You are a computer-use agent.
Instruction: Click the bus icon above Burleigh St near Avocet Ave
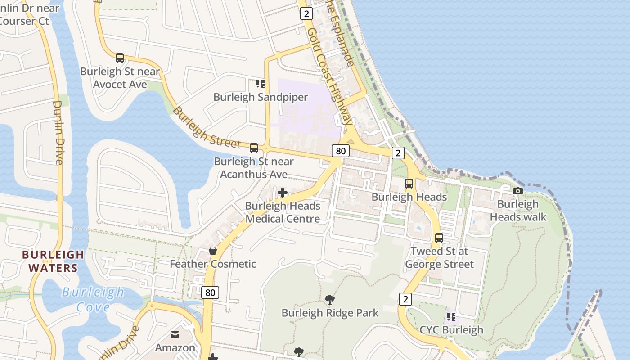(x=120, y=58)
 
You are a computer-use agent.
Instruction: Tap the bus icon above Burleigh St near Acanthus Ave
(x=254, y=148)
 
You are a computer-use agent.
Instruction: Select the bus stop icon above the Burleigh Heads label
(x=409, y=184)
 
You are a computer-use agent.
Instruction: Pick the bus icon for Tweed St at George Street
(x=439, y=238)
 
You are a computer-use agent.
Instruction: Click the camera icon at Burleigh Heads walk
(x=518, y=191)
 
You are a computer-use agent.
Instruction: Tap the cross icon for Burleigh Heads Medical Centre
(x=283, y=193)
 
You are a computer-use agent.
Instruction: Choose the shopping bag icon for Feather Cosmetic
(x=213, y=251)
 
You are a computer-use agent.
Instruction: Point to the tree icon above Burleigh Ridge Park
(x=330, y=300)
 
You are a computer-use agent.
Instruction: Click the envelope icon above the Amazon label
(x=175, y=335)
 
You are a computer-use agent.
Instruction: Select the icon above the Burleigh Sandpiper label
(x=261, y=84)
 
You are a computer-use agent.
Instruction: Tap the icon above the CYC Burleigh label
(x=451, y=317)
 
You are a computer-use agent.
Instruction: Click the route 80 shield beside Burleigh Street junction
(x=341, y=151)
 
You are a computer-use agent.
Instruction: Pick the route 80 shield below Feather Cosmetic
(x=210, y=292)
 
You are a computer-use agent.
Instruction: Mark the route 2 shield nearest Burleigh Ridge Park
(x=405, y=299)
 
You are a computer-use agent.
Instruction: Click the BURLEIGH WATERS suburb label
(x=54, y=261)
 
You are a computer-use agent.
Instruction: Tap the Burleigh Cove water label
(x=93, y=299)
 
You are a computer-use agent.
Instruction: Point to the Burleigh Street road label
(x=207, y=128)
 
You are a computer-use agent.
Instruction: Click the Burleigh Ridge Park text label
(x=330, y=313)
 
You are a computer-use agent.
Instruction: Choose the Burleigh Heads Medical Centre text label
(x=283, y=212)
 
